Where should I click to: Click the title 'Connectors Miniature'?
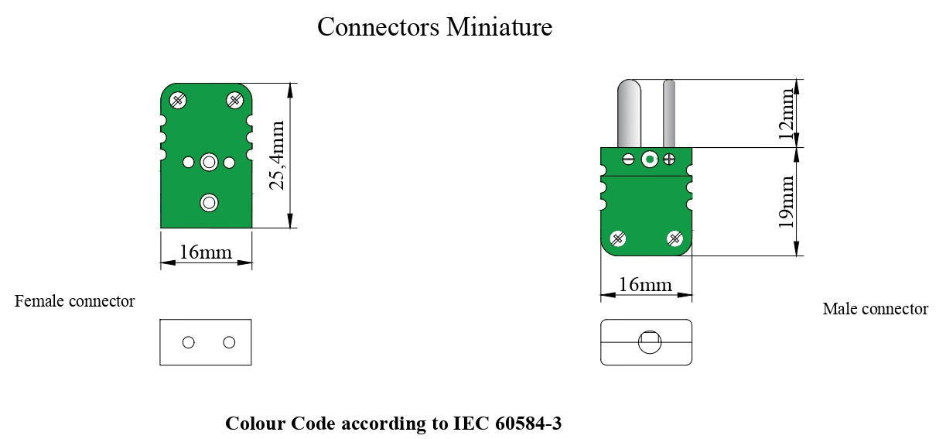pos(435,27)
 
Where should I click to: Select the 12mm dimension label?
pos(787,113)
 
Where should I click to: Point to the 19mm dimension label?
pos(787,202)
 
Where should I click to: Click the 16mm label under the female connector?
pos(205,252)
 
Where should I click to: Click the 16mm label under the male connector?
pos(645,285)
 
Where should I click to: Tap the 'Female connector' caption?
pos(75,301)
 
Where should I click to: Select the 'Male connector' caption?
pos(875,309)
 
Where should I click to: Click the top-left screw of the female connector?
pos(179,99)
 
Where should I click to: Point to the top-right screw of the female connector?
pos(234,99)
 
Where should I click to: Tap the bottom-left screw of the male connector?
pos(619,238)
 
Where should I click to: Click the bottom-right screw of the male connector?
pos(675,238)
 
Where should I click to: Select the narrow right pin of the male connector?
pos(669,113)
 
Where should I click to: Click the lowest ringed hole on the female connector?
pos(209,203)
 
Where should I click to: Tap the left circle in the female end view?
pos(189,342)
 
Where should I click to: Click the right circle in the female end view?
pos(229,342)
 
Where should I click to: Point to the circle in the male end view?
pos(648,342)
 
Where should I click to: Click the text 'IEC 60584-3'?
pos(507,424)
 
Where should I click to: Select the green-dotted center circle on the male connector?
pos(650,159)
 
